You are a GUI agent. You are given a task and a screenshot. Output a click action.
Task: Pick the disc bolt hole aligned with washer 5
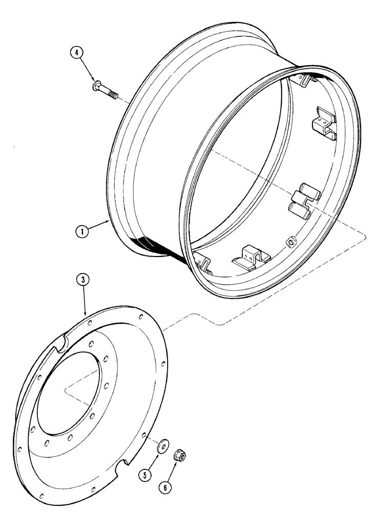147,435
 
